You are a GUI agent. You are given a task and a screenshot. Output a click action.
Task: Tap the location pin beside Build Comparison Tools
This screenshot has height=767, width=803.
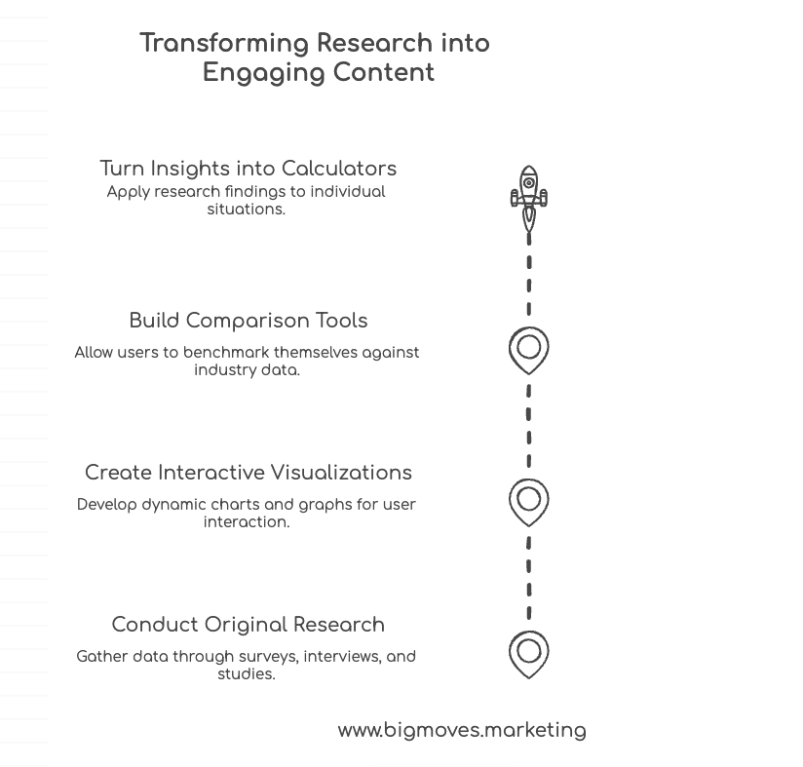point(528,350)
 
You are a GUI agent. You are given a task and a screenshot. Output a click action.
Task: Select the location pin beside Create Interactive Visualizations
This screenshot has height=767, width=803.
point(528,502)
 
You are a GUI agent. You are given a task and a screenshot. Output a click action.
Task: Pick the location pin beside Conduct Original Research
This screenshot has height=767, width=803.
point(528,653)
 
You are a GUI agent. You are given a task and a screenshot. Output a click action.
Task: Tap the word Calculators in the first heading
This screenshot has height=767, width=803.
point(338,169)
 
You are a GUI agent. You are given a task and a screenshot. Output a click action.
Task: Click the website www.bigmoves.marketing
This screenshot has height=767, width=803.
point(462,730)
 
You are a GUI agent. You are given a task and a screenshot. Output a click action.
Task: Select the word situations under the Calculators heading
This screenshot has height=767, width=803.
point(246,210)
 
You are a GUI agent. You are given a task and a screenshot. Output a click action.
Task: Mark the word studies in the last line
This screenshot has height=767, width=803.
point(246,674)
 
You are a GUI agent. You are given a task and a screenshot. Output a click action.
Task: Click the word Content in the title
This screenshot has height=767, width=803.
point(384,73)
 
